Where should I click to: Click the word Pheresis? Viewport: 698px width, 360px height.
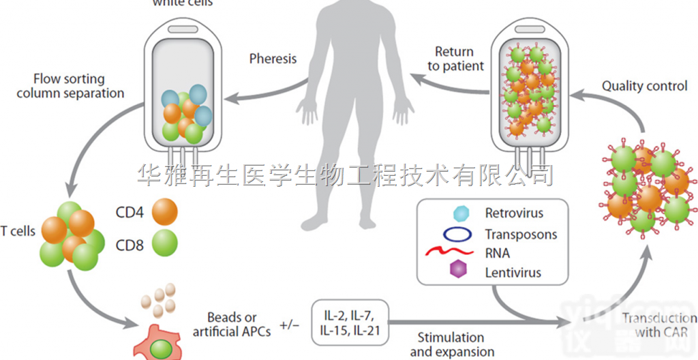click(273, 59)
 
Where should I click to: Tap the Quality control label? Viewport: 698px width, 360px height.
click(644, 87)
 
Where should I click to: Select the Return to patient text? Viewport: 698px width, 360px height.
click(455, 59)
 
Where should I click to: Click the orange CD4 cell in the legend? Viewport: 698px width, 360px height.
click(164, 212)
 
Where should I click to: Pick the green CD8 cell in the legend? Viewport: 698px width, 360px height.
click(164, 243)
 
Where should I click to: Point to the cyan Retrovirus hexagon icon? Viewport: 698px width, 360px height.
click(461, 213)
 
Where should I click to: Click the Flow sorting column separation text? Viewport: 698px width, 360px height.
click(70, 86)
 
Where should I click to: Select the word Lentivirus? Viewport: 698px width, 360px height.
click(513, 273)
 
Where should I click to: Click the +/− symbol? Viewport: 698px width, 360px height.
click(289, 324)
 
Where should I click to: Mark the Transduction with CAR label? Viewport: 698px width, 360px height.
click(658, 325)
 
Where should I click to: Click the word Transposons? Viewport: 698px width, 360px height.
click(521, 235)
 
